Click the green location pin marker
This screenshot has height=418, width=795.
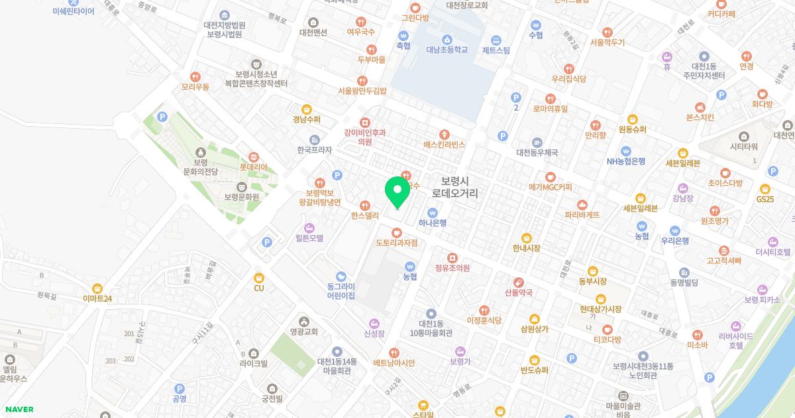397,190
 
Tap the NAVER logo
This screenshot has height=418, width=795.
18,409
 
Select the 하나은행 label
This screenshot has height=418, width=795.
433,223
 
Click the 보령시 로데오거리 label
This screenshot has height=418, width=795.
454,187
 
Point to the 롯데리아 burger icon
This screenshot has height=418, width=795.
253,157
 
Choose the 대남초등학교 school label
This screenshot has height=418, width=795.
447,49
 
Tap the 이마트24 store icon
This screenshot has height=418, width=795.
97,289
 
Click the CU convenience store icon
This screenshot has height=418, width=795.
259,277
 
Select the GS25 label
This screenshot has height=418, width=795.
765,199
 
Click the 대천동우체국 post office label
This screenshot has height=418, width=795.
537,152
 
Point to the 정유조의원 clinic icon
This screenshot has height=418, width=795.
452,257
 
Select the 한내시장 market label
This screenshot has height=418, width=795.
526,248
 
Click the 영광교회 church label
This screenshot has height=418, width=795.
303,332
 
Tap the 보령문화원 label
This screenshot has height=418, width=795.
241,197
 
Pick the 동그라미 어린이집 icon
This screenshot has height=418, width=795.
341,276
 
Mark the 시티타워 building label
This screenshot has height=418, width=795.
743,147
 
